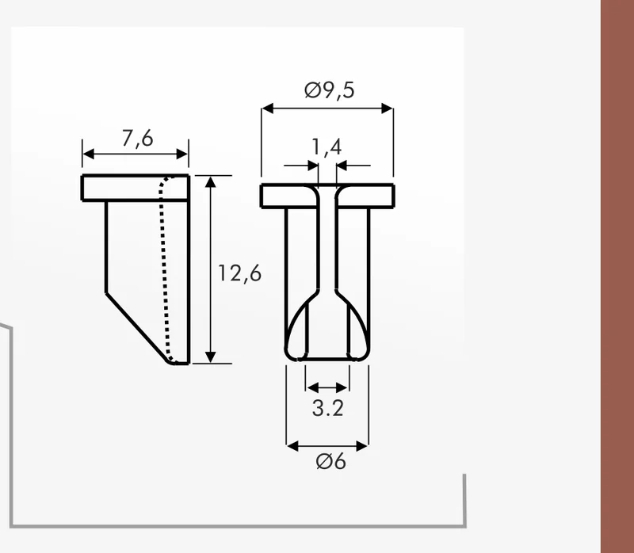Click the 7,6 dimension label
(x=137, y=139)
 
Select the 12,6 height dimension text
(x=240, y=273)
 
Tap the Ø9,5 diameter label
(x=329, y=90)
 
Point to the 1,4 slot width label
(x=327, y=147)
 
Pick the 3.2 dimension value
(x=328, y=408)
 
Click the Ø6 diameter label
(x=330, y=461)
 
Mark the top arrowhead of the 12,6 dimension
(x=210, y=182)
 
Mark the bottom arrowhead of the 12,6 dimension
(x=210, y=357)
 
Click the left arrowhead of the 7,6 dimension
(x=88, y=154)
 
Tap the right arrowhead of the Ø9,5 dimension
(x=388, y=109)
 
